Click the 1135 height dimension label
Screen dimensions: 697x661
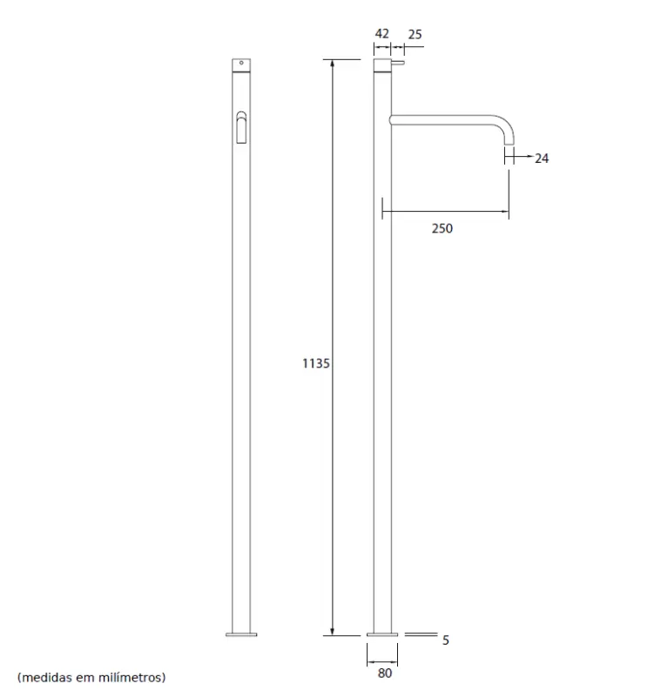[315, 363]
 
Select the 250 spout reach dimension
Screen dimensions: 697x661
[443, 228]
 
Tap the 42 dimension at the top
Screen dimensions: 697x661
[381, 34]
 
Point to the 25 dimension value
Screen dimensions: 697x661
[415, 34]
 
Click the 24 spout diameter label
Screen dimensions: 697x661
[542, 159]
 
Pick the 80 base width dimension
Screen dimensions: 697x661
[384, 673]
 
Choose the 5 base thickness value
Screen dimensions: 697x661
[445, 640]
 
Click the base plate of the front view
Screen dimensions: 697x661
[241, 633]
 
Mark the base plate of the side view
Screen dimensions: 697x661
[384, 633]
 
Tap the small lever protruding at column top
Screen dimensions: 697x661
[400, 64]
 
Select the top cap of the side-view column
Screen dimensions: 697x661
[383, 65]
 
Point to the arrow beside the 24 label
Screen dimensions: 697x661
[524, 158]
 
